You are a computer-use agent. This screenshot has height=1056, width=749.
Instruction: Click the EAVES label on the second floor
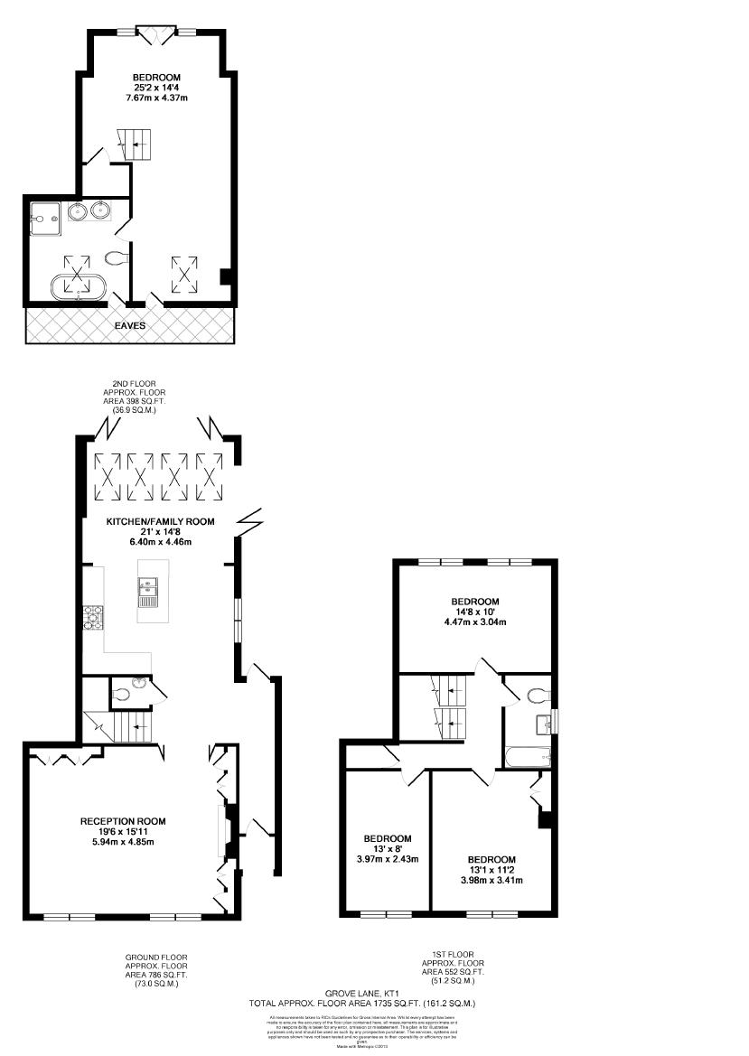point(130,325)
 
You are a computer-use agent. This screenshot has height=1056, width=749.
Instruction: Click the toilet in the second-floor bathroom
point(116,259)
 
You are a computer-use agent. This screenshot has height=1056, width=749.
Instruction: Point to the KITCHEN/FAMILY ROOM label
point(160,522)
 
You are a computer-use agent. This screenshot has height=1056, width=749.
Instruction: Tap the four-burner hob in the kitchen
point(94,617)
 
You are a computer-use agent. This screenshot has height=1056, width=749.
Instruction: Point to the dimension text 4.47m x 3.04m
point(474,622)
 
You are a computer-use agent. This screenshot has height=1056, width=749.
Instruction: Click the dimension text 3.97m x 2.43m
point(387,859)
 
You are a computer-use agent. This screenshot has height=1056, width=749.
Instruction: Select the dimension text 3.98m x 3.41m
point(492,880)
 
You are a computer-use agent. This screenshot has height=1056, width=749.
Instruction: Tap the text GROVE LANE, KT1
point(362,993)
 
